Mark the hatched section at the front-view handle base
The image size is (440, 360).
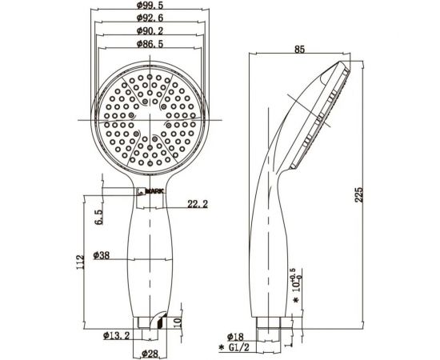[x=159, y=322]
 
